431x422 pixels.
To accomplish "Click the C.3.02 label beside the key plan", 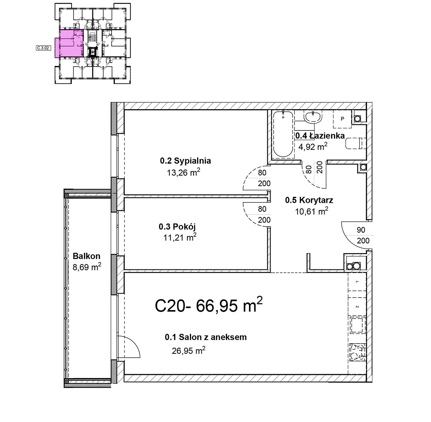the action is (x=43, y=48).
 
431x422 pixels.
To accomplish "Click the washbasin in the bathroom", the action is (x=313, y=117).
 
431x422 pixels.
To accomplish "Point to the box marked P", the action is (x=342, y=119).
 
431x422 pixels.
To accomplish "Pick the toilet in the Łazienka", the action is (x=355, y=143).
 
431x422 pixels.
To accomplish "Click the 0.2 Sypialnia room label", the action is (x=185, y=161).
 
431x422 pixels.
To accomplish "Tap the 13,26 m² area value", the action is (x=184, y=172).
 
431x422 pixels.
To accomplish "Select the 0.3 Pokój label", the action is (x=177, y=227).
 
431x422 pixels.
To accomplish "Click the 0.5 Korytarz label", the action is (x=309, y=200).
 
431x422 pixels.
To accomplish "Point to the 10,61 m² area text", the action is (x=311, y=211).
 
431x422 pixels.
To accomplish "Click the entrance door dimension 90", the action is (x=361, y=230).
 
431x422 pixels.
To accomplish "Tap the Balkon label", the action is (x=87, y=256).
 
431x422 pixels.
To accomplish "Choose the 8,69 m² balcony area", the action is (x=87, y=267).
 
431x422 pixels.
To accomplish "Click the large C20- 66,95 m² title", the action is (x=209, y=305).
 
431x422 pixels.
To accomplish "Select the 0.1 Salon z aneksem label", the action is (x=206, y=337).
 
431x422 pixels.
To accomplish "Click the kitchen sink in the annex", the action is (x=357, y=325).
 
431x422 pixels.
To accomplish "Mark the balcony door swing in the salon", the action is (x=129, y=347).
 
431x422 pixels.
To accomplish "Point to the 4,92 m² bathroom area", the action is (x=313, y=147).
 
